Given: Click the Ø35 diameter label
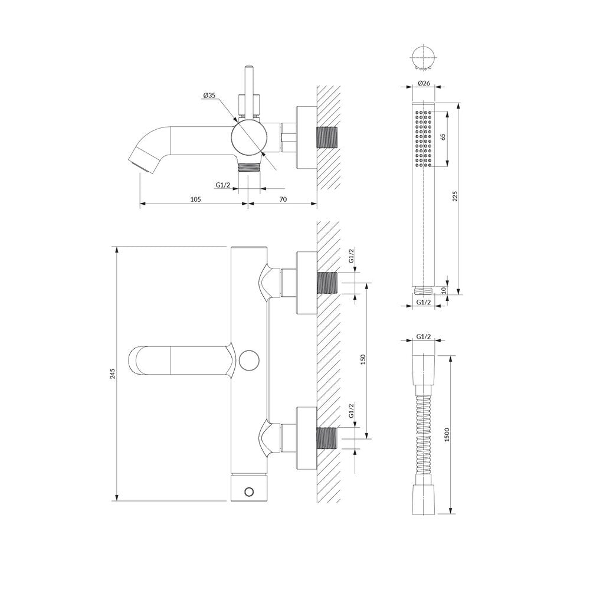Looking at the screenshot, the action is [209, 96].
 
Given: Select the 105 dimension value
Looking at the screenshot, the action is [195, 199].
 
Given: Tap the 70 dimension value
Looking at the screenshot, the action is [283, 199].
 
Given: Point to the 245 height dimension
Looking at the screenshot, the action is [112, 373].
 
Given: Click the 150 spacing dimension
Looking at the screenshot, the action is [363, 360].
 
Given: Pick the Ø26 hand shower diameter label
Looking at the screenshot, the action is [424, 83].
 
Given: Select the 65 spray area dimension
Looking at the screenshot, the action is [442, 137].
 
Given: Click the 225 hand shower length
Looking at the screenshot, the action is [454, 196].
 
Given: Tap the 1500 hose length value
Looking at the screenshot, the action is [447, 435].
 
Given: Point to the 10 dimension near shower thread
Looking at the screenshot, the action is [443, 290].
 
